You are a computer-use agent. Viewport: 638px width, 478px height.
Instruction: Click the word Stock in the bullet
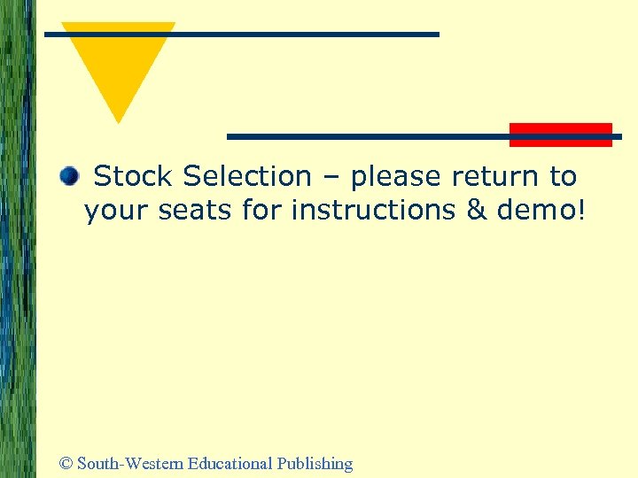click(x=134, y=177)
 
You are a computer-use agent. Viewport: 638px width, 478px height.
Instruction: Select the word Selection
click(x=247, y=177)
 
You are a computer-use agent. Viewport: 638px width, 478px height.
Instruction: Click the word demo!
click(x=541, y=211)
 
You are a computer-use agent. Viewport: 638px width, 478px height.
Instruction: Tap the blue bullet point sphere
click(x=69, y=177)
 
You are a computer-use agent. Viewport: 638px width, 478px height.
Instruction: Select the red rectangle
click(x=560, y=135)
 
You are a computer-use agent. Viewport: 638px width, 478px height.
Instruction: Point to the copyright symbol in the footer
click(x=66, y=464)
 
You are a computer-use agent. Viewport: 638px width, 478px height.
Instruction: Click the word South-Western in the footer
click(x=130, y=463)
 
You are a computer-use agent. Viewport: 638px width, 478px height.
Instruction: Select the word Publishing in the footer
click(x=315, y=464)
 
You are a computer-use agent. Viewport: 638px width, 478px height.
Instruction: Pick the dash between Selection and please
click(x=331, y=178)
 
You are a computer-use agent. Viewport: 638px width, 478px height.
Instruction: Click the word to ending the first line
click(x=563, y=177)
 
